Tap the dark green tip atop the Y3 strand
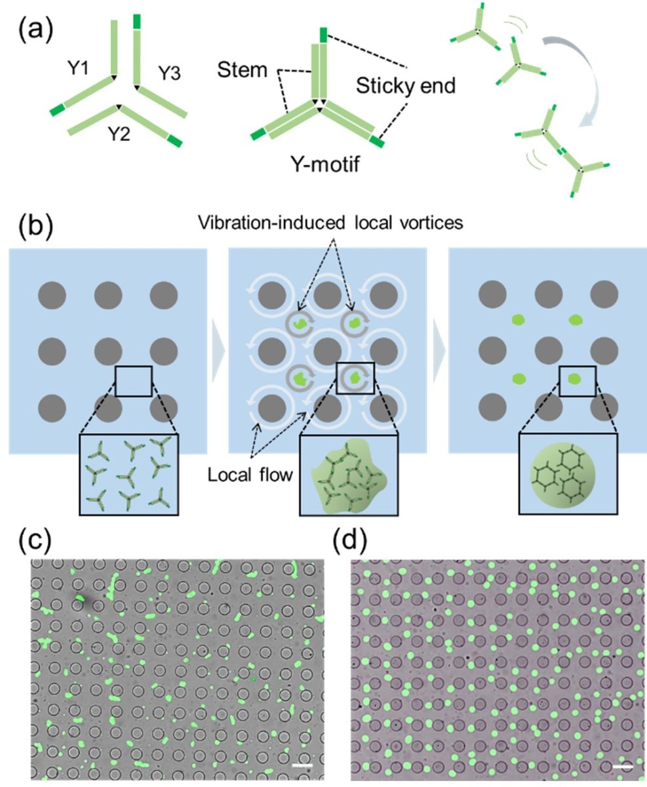pos(136,20)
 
